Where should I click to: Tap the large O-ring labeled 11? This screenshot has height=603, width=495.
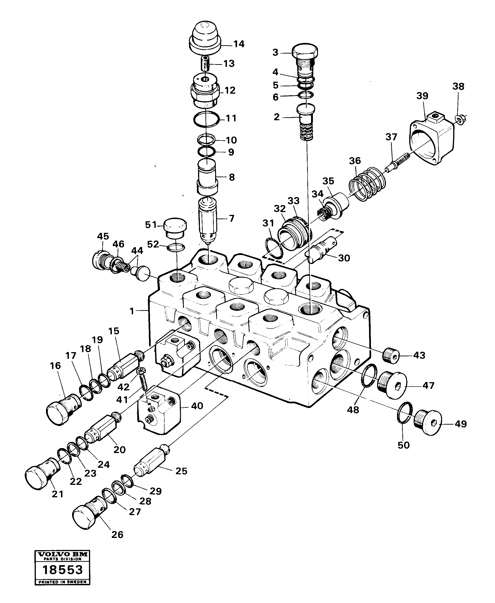206,119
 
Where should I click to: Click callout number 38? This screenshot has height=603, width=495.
458,86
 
